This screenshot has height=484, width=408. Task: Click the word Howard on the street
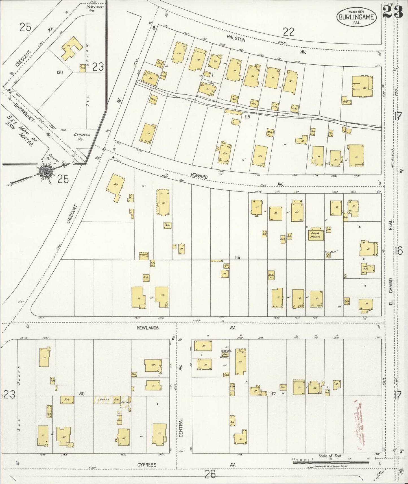199,176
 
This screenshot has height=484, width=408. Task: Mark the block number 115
247,117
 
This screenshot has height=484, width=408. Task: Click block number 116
237,257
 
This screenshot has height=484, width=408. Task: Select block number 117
273,394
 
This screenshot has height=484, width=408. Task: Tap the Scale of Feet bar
331,462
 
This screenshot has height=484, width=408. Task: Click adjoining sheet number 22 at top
289,32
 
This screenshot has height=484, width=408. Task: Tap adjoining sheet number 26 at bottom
211,474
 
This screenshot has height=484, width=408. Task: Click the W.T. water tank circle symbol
328,256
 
